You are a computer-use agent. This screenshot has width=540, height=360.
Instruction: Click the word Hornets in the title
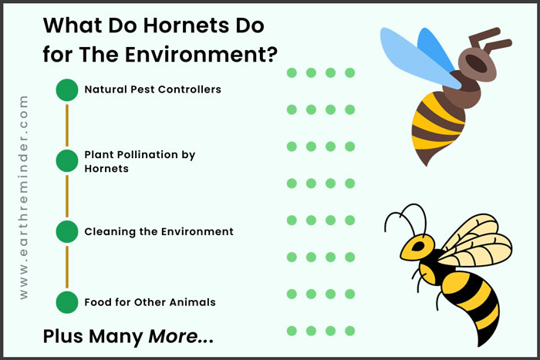point(186,25)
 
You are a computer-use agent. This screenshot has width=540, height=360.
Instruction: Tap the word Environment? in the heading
point(201,55)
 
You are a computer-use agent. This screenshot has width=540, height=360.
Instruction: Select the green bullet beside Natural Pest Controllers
point(67,90)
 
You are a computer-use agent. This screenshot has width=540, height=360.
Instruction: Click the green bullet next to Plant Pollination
point(67,160)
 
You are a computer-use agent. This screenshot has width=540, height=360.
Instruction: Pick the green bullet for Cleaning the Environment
point(67,231)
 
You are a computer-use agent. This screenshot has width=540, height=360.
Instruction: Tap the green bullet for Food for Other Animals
point(67,302)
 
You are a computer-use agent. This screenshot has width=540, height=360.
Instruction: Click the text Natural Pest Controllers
point(153,89)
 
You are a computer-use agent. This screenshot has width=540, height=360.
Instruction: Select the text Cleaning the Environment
point(159,231)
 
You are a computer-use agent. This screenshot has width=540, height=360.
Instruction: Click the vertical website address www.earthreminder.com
point(23,197)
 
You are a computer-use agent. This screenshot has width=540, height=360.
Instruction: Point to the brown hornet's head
point(478,64)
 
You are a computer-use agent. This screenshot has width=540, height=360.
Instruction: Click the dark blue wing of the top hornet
point(435,49)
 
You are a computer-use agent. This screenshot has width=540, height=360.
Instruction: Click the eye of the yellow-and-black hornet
point(418,246)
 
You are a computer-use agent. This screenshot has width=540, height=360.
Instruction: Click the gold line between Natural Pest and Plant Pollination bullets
point(67,126)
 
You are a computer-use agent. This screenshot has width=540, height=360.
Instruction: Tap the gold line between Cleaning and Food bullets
point(67,267)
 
